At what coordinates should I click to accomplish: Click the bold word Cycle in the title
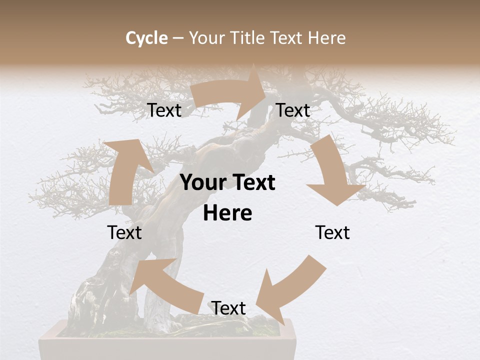pos(146,38)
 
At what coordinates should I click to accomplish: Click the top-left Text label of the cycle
pos(164,110)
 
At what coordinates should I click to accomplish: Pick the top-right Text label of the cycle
pos(293,110)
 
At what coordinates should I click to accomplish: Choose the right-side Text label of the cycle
pos(332,232)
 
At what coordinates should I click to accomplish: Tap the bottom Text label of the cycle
pos(228,308)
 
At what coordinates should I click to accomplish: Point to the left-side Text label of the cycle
pos(124,232)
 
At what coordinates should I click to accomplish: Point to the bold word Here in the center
pos(227,213)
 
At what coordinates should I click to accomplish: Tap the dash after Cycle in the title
pos(178,38)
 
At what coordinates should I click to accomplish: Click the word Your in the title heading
pos(206,38)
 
